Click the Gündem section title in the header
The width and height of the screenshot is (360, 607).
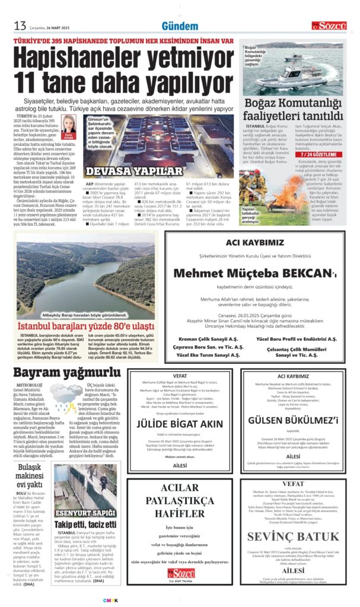click(x=180, y=26)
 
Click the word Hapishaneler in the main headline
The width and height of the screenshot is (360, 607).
click(x=89, y=60)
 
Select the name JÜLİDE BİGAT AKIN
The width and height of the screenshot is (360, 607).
click(x=188, y=424)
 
